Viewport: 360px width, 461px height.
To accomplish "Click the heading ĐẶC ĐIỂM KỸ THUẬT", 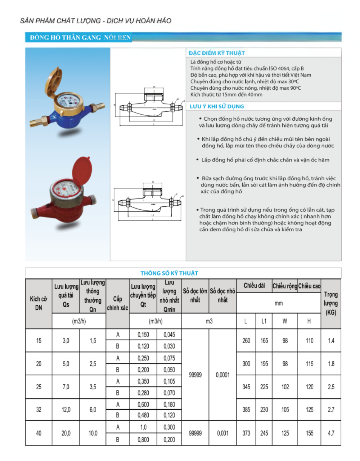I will coord(216,53).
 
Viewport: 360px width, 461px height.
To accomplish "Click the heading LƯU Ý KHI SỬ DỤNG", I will coord(217,106).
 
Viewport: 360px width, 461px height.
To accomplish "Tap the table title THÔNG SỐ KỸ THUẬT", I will coord(169,273).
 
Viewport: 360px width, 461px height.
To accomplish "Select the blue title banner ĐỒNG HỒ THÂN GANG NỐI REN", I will coord(80,37).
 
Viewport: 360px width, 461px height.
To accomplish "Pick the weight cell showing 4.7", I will coord(331,433).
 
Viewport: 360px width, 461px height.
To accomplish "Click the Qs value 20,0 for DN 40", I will coord(66,433).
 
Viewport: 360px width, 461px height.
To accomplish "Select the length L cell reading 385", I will coord(246,409).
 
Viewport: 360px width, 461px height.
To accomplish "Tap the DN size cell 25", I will coord(39,387).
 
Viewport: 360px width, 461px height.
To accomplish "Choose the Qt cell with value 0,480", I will coord(143,415).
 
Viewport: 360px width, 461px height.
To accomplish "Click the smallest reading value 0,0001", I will coord(222,375).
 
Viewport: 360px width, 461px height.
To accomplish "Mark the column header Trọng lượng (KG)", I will coord(330,303).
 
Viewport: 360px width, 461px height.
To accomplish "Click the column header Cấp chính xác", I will coord(117,303).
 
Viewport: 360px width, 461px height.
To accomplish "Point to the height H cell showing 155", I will coord(310,433).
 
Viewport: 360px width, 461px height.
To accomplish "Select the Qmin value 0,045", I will coord(169,335).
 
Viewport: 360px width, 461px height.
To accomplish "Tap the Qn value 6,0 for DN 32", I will coord(93,409).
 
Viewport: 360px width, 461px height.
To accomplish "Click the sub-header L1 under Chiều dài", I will coord(264,321).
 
